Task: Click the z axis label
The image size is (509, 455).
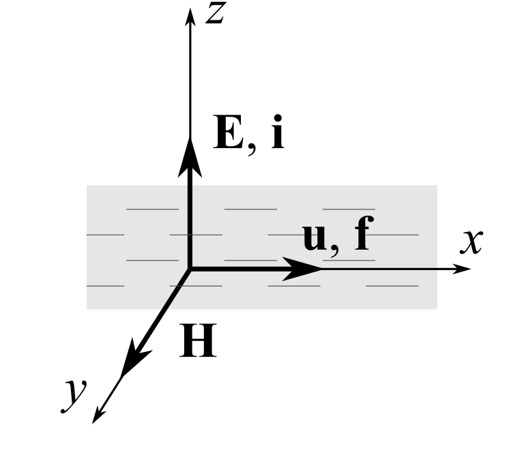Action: [216, 14]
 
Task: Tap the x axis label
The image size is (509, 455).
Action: [471, 241]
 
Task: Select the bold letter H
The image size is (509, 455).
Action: [198, 342]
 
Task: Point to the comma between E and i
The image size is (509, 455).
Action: [252, 149]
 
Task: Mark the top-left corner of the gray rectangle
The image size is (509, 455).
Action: [87, 186]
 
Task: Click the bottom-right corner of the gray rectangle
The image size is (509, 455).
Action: [437, 308]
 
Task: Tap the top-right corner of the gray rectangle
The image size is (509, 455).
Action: [437, 186]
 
